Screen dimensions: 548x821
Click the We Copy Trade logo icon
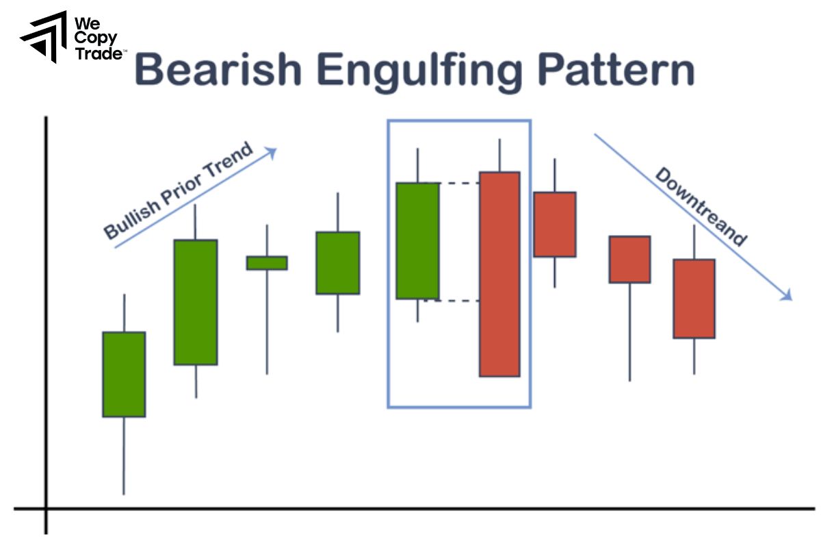tap(44, 36)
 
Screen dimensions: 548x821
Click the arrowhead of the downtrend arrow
tap(787, 296)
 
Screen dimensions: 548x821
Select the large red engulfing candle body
tap(499, 274)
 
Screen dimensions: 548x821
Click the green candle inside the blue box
tap(417, 240)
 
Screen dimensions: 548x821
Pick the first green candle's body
tap(124, 374)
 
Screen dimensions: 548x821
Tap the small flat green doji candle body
tap(267, 263)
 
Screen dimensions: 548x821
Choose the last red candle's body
tap(694, 298)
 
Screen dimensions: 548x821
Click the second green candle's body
tap(196, 301)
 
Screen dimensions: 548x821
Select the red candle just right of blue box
tap(555, 224)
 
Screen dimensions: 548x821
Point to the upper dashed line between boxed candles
tap(458, 183)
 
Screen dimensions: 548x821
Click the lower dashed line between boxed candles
tap(458, 300)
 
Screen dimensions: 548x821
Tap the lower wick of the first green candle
tap(124, 456)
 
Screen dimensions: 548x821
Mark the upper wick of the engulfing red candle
tap(499, 155)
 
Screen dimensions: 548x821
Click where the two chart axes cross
tap(47, 508)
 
